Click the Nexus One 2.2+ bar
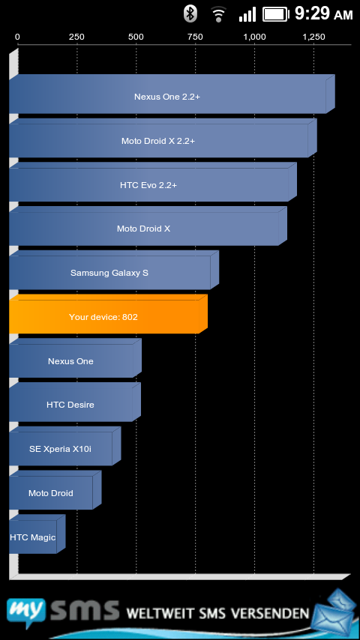point(172,94)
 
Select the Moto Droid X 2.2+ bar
point(163,138)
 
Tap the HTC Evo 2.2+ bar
point(152,182)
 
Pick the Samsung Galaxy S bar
point(113,271)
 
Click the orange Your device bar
point(108,314)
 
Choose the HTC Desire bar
point(75,402)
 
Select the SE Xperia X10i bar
point(65,446)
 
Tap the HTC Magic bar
point(37,534)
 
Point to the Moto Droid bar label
point(51,493)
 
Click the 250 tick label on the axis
point(76,37)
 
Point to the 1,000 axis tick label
point(254,37)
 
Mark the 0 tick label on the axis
point(17,37)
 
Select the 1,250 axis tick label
point(313,37)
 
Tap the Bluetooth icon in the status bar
point(190,13)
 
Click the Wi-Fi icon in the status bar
point(219,15)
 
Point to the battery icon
point(276,15)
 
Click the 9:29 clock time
point(312,13)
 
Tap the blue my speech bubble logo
point(25,611)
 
